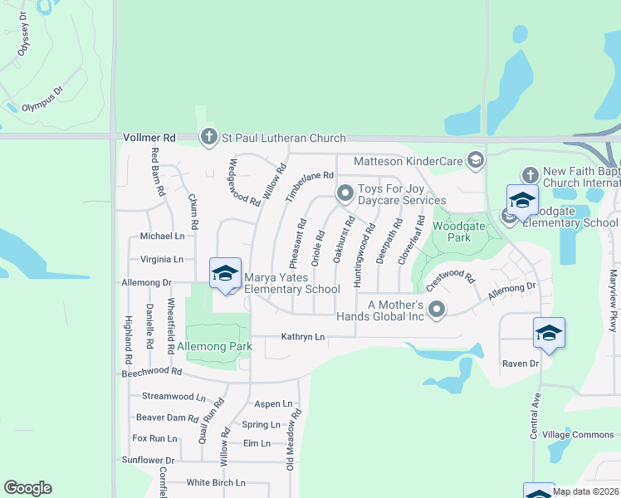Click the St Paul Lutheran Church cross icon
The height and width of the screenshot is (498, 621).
click(209, 138)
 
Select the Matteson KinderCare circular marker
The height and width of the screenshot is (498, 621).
click(476, 159)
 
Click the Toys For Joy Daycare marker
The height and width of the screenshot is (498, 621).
click(345, 193)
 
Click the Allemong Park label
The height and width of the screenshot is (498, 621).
click(214, 346)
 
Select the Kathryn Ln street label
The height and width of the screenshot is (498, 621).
click(302, 336)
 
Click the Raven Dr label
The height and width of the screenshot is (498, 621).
click(521, 364)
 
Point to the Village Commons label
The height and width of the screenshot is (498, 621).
click(578, 435)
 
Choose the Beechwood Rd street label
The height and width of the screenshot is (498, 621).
click(151, 374)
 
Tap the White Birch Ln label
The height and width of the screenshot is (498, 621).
click(216, 482)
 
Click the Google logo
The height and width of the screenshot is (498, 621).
click(27, 488)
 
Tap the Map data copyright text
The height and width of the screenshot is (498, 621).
click(585, 491)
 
